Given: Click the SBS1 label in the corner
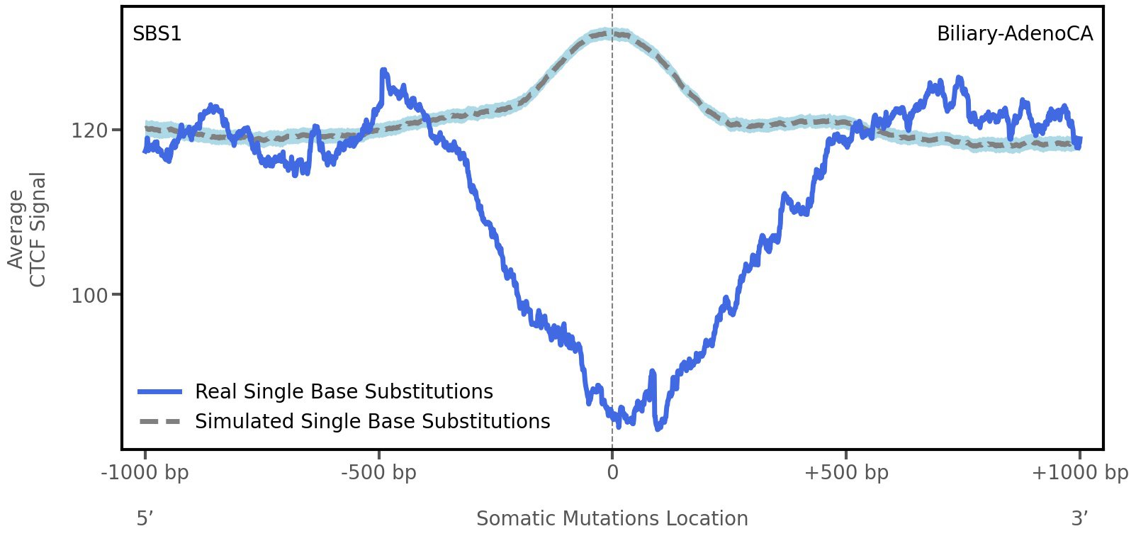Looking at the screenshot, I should pos(157,33).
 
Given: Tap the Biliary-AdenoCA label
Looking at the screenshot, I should pos(1014,33).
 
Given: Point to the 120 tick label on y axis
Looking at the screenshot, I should pos(89,130).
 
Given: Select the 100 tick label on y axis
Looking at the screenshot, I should pos(89,295).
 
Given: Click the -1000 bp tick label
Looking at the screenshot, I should pos(145,472).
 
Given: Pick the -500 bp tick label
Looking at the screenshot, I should pos(378,472).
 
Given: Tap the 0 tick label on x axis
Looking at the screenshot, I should pos(612,472).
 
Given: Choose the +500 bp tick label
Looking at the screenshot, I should pos(845,472).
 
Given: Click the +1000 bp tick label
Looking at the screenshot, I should pos(1079,472).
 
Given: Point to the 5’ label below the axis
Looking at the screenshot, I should pos(145,518).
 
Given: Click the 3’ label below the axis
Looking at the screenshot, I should pos(1079,518).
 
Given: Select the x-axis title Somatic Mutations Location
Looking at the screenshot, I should pos(612,518).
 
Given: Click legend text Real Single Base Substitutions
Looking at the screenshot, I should pos(344,391).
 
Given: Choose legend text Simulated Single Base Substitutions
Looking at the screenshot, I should pos(372,421).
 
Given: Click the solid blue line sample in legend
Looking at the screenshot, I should pos(160,391).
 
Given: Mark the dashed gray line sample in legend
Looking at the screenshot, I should pos(160,421).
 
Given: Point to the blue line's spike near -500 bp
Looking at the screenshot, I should pos(383,71).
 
